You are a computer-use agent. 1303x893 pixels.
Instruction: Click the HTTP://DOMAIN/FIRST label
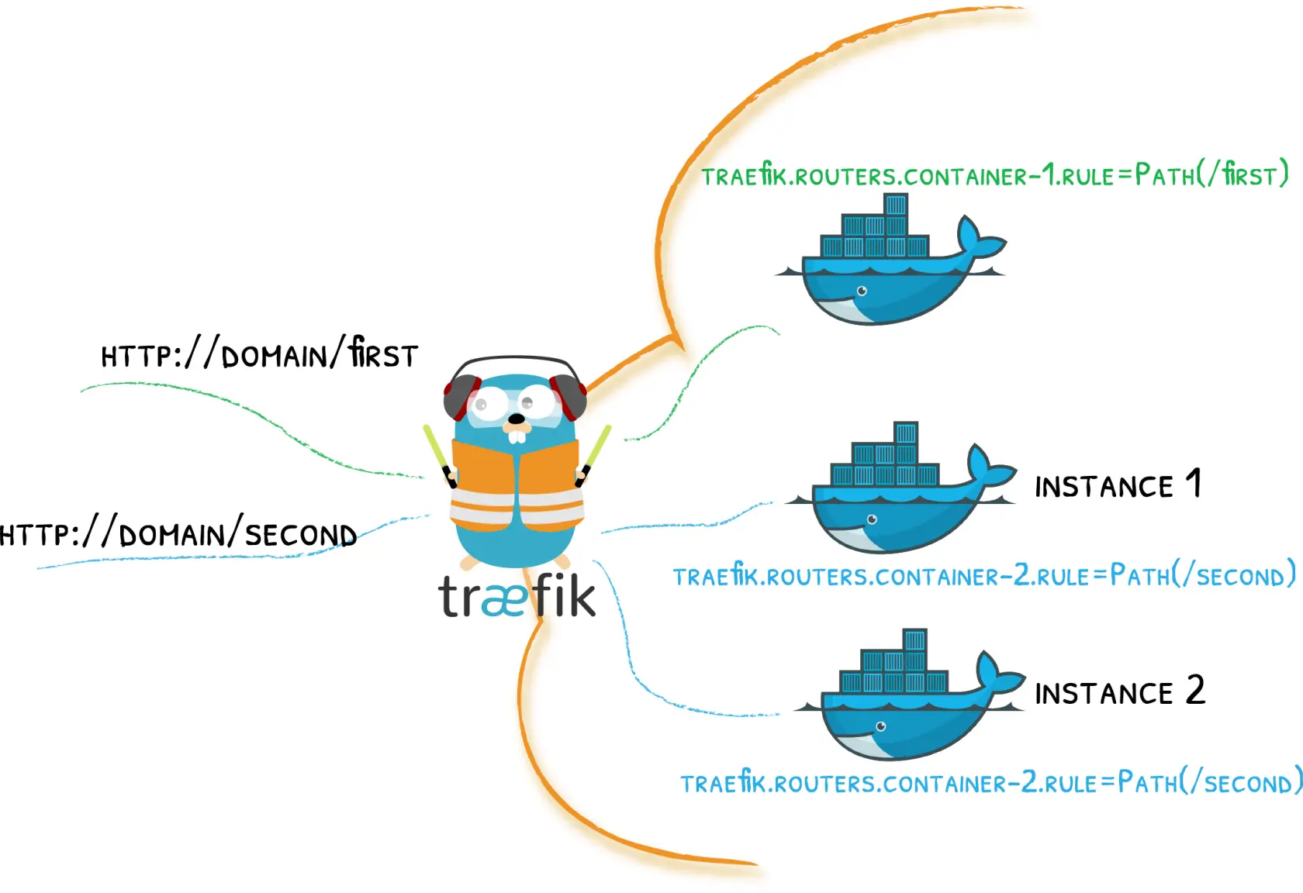point(260,354)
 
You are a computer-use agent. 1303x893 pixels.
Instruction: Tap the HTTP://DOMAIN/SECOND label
point(178,534)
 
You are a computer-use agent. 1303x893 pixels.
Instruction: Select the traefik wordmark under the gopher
point(517,597)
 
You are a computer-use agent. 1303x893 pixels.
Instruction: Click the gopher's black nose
point(516,419)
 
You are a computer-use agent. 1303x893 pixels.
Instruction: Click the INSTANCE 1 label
point(1118,485)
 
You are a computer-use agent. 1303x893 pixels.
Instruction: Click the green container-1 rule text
point(994,175)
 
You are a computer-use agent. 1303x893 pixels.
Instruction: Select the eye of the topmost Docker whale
point(862,291)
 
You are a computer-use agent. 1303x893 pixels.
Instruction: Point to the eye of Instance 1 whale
point(872,519)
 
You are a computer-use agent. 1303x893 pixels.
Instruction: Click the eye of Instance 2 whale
point(880,726)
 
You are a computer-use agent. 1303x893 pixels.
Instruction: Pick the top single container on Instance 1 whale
point(905,433)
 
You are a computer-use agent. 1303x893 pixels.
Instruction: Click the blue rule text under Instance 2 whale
point(991,782)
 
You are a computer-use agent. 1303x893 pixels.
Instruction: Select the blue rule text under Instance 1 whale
point(983,576)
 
